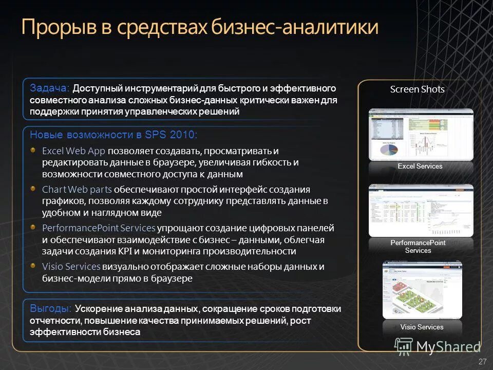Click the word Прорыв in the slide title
pyautogui.click(x=57, y=27)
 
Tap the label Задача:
pyautogui.click(x=50, y=88)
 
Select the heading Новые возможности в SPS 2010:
pyautogui.click(x=113, y=135)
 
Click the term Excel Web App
pyautogui.click(x=73, y=151)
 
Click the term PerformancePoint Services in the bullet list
pyautogui.click(x=99, y=228)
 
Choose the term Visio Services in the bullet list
pyautogui.click(x=71, y=266)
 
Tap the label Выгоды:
pyautogui.click(x=51, y=309)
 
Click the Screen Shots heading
pyautogui.click(x=417, y=89)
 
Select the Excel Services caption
pyautogui.click(x=420, y=166)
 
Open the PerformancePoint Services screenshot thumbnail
pyautogui.click(x=421, y=211)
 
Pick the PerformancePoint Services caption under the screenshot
pyautogui.click(x=418, y=247)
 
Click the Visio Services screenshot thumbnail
pyautogui.click(x=422, y=290)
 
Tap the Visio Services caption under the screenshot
pyautogui.click(x=422, y=327)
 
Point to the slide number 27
pyautogui.click(x=482, y=362)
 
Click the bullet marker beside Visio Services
pyautogui.click(x=32, y=266)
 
